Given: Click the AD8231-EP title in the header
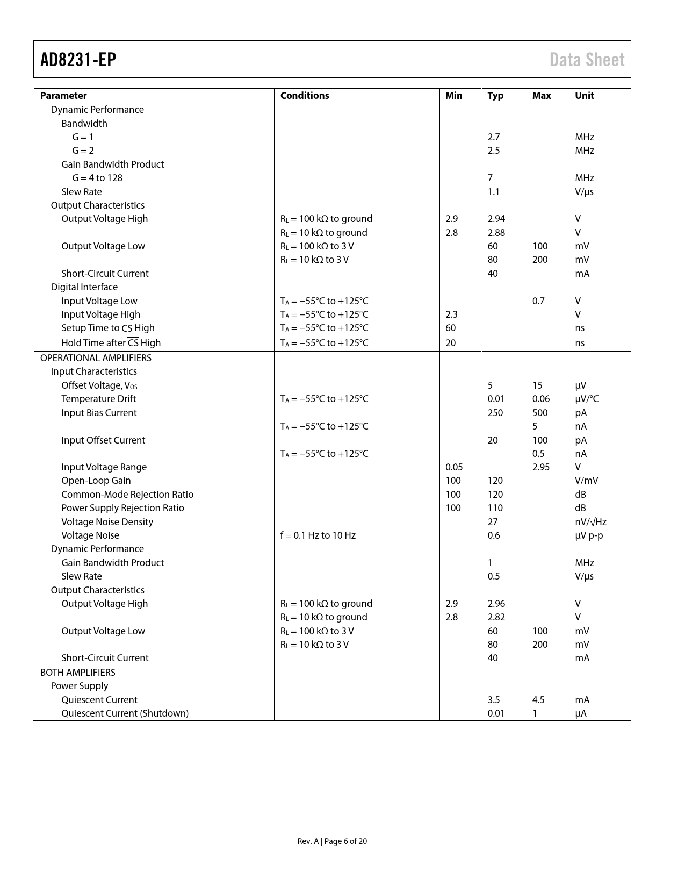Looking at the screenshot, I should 78,60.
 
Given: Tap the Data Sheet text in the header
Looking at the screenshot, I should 587,60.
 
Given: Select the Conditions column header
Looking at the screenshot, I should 305,96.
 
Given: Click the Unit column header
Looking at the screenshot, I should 585,96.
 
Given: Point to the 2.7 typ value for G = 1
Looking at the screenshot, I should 494,137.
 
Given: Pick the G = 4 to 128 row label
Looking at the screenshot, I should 97,178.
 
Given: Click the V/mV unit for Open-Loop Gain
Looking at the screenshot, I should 586,481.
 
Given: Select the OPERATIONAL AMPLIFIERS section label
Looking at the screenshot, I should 96,358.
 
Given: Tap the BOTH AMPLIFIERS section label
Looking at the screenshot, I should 77,673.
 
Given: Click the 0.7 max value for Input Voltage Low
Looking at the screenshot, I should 538,301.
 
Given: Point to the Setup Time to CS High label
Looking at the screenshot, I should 108,328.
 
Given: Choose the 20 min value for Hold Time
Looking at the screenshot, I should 451,343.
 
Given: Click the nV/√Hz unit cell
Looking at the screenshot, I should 590,522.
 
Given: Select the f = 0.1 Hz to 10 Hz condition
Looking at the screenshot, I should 318,535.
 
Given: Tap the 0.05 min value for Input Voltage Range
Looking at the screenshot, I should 454,467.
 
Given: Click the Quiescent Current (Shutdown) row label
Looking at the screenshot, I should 125,713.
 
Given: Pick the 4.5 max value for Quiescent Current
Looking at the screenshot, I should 538,700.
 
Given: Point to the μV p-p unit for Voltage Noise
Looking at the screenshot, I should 589,535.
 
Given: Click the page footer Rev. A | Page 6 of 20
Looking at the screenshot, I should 332,841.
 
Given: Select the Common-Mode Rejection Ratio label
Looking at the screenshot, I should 127,495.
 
